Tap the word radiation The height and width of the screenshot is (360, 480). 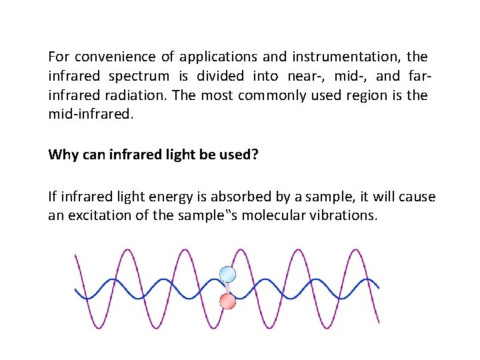pyautogui.click(x=137, y=95)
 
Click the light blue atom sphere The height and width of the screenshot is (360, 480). pyautogui.click(x=228, y=274)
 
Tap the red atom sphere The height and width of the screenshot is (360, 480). pyautogui.click(x=228, y=301)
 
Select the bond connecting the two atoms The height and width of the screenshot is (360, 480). pyautogui.click(x=228, y=288)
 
